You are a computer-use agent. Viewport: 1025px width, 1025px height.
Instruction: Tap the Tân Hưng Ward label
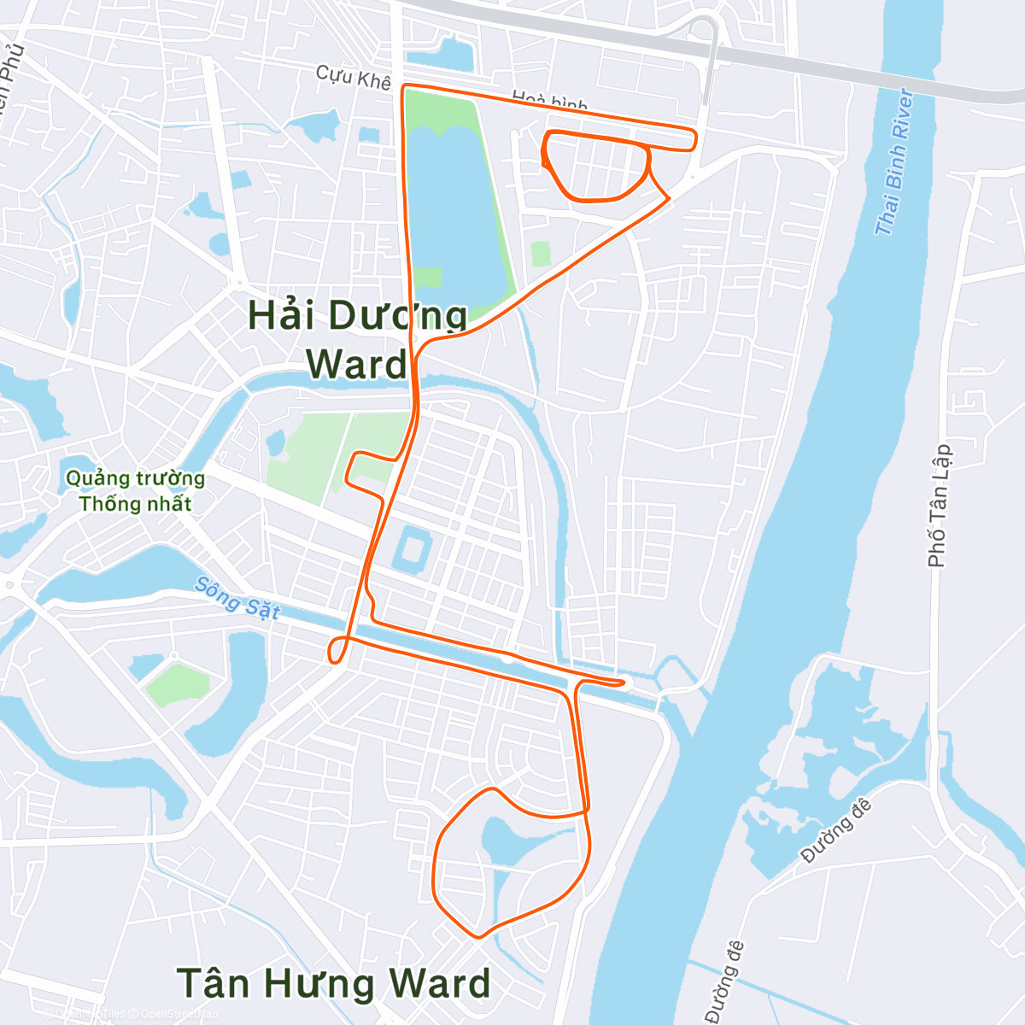[333, 983]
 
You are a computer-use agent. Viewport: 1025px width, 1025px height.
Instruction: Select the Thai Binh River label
[893, 162]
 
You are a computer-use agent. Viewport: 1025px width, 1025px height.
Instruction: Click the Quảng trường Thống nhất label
[135, 491]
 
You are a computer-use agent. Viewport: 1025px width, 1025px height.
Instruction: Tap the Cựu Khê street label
[353, 77]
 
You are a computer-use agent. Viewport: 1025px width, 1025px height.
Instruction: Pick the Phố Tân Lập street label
[939, 506]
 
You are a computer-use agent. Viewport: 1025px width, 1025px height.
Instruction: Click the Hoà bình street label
[549, 102]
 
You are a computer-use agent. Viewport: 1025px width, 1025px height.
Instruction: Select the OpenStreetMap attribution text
[179, 1014]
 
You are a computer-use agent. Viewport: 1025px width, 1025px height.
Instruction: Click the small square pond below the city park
[412, 548]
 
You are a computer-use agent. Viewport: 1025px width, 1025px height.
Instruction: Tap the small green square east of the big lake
[540, 254]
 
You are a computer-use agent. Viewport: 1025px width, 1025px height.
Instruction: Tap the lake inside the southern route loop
[512, 837]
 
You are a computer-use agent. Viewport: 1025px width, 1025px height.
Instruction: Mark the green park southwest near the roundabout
[177, 684]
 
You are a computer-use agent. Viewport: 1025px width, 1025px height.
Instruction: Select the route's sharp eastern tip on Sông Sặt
[624, 682]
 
